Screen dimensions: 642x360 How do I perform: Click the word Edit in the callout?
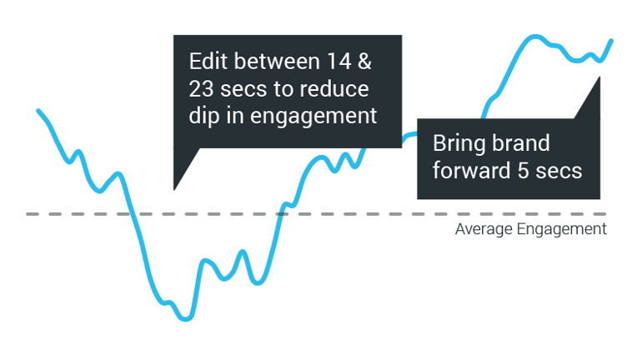click(x=208, y=62)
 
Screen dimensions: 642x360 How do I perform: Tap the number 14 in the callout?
click(x=339, y=62)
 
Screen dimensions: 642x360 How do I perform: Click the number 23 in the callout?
click(x=201, y=89)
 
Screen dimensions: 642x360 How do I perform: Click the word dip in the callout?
click(x=204, y=116)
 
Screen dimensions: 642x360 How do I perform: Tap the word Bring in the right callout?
click(x=459, y=144)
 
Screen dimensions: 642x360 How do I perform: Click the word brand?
click(x=520, y=143)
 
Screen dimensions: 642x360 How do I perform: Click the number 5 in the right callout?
click(x=524, y=171)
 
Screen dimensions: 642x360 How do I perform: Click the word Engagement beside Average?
click(x=562, y=229)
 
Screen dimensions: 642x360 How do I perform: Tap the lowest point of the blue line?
click(x=186, y=318)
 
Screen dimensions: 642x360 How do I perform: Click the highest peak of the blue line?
click(x=534, y=37)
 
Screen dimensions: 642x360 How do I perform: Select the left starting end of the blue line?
click(x=38, y=111)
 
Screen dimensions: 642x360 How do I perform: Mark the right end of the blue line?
click(x=612, y=41)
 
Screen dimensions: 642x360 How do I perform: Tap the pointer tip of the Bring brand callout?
click(x=599, y=77)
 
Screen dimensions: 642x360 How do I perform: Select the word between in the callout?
click(x=277, y=62)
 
